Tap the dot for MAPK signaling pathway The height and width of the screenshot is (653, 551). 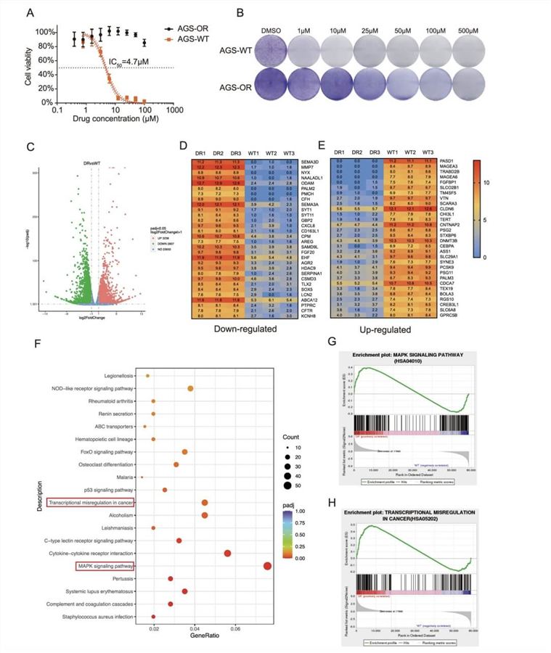[268, 566]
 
